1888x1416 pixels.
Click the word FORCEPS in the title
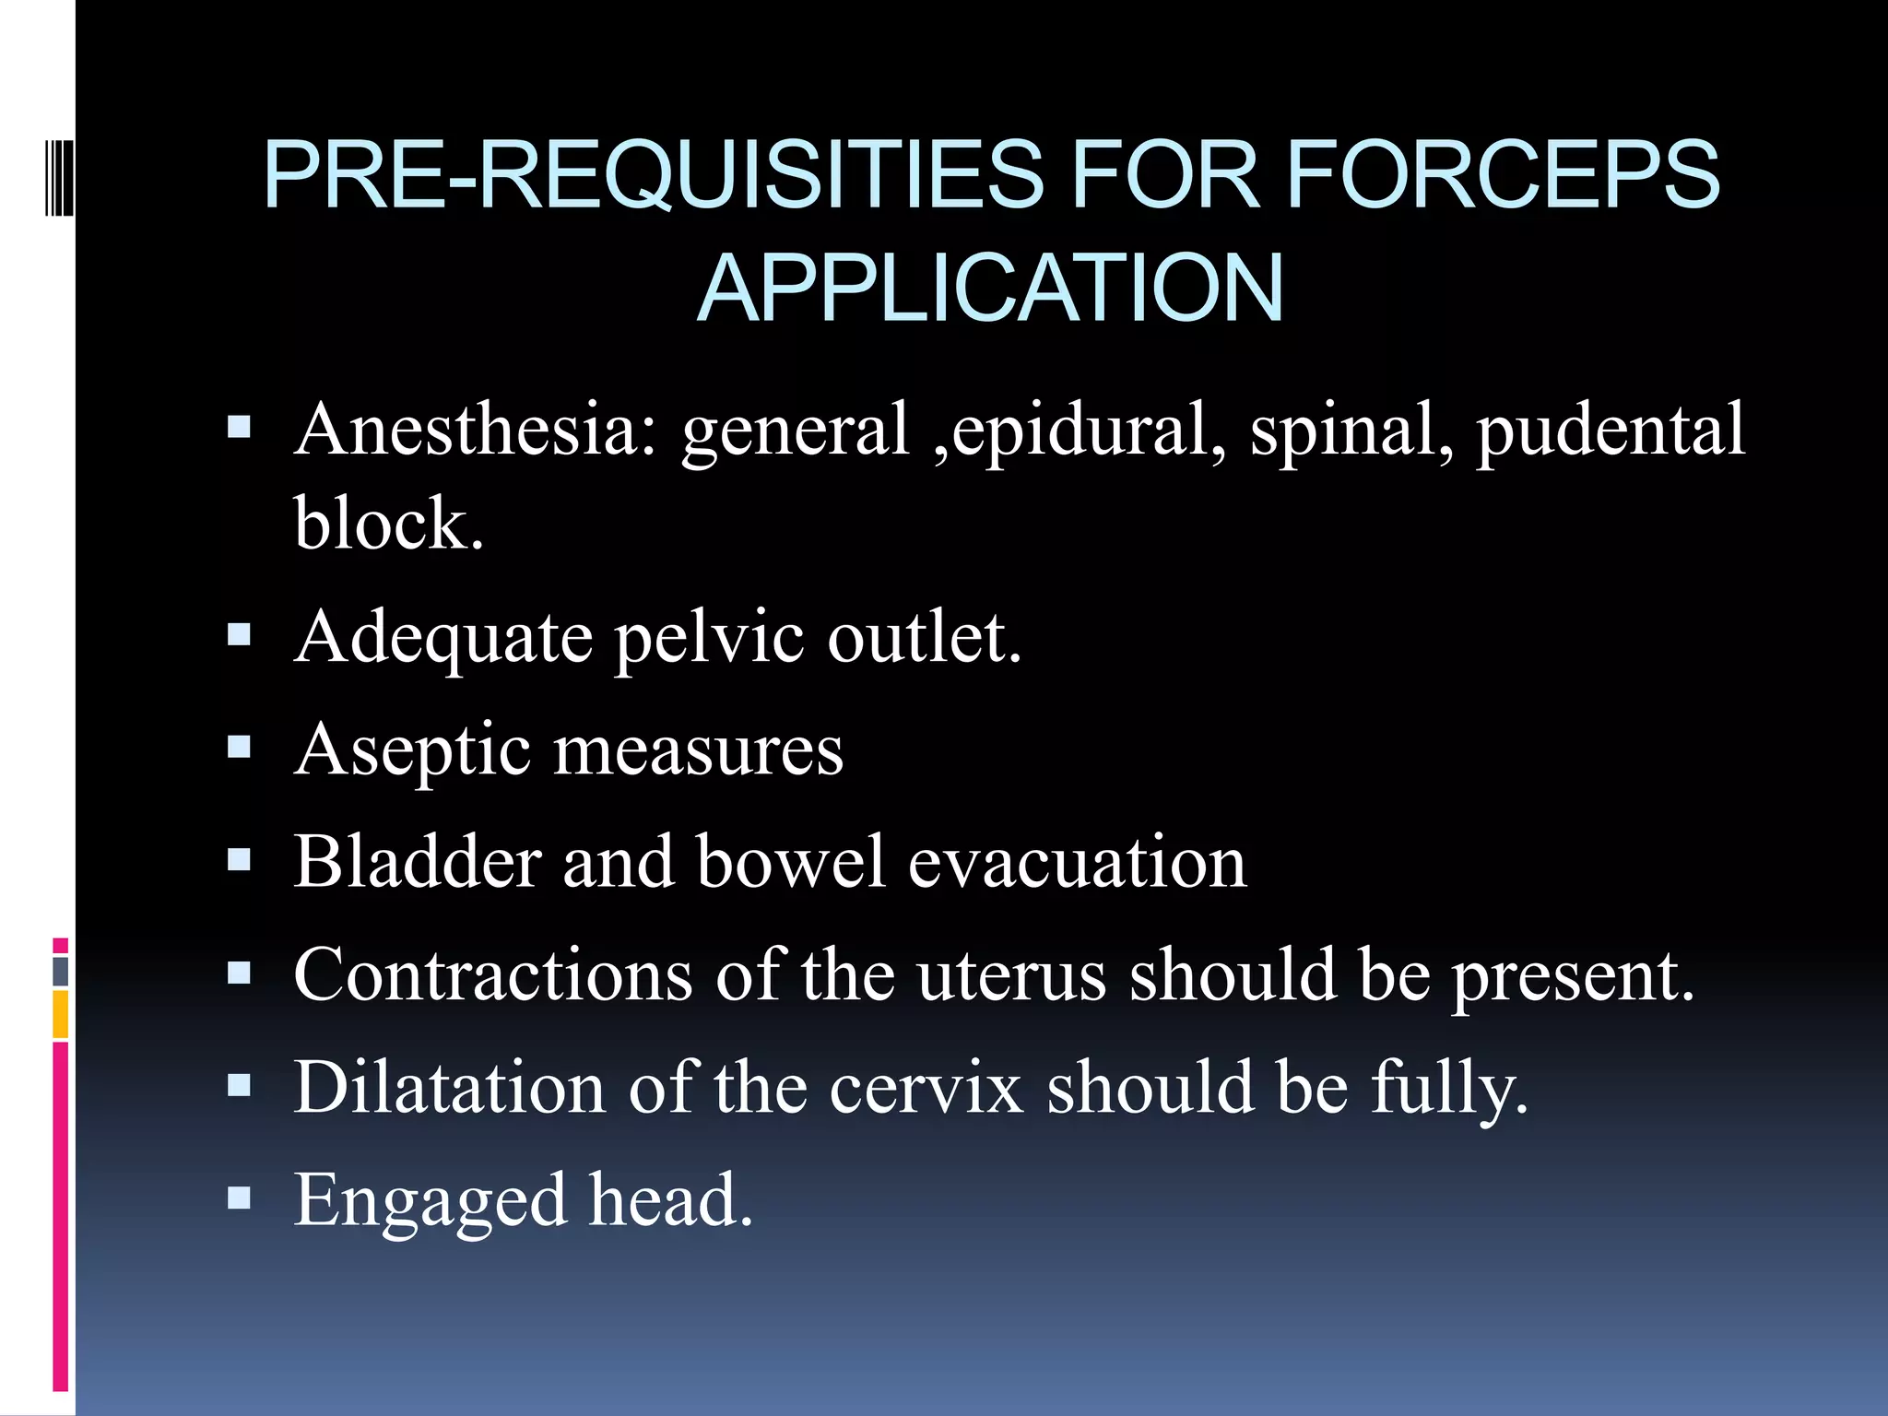pos(1503,174)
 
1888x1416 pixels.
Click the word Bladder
pos(416,862)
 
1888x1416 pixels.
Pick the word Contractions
pos(493,974)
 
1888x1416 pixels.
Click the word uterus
pos(1011,974)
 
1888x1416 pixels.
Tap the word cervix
pos(926,1088)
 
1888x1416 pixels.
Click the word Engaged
pos(430,1200)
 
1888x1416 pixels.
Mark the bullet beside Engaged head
pos(240,1198)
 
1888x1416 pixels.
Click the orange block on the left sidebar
pos(61,1013)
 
